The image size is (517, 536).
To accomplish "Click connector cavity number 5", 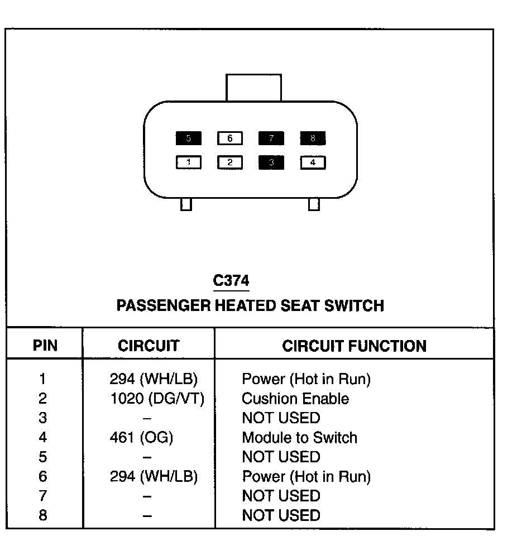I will (x=189, y=138).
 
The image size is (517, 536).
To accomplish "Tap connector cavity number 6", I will (x=230, y=138).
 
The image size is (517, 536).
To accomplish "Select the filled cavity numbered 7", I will (x=271, y=138).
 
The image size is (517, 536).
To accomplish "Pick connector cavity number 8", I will (x=313, y=138).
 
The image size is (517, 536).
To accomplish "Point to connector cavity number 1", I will (x=189, y=162).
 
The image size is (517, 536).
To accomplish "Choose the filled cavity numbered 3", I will (x=271, y=162).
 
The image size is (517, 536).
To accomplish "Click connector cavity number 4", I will (x=313, y=162).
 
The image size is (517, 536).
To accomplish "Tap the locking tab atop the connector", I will (x=253, y=88).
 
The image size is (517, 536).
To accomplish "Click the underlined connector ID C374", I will (x=231, y=281).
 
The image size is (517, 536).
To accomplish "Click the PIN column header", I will (x=45, y=346).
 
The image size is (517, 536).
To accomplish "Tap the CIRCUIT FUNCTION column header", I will (x=354, y=346).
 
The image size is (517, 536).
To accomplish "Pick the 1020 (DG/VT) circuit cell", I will (x=157, y=399).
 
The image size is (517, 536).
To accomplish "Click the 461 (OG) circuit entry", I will (x=141, y=438).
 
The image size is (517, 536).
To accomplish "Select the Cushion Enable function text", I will (x=295, y=399).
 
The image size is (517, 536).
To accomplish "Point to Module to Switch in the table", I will (x=299, y=438).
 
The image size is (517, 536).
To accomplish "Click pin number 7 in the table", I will (x=43, y=496).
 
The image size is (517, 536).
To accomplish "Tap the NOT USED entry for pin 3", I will (x=281, y=418).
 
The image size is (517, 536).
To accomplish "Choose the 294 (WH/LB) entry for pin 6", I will (x=154, y=477).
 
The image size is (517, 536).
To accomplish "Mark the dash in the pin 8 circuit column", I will (x=147, y=516).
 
